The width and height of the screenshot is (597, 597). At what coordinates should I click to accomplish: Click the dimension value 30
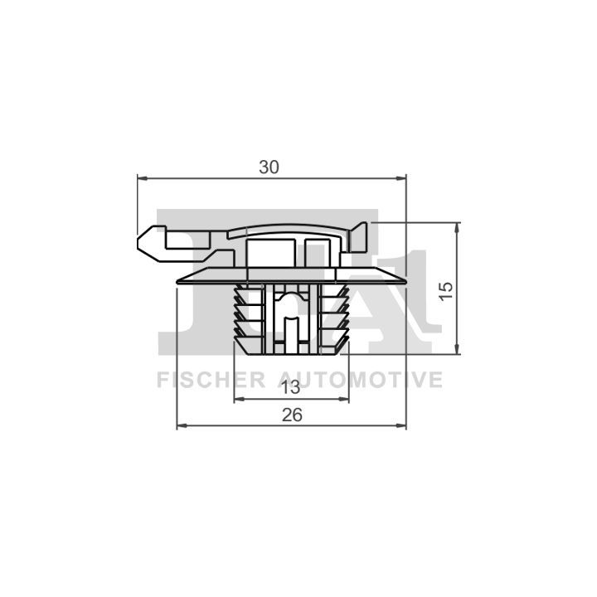point(269,167)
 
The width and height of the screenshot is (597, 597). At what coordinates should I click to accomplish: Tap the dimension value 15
point(446,291)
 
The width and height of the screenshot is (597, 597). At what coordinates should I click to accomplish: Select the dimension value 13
point(291,388)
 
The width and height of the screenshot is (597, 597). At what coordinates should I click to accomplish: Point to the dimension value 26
point(292,415)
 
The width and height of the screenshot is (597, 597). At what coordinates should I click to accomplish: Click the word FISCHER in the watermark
point(211,380)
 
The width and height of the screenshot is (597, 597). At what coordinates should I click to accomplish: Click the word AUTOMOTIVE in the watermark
point(361,380)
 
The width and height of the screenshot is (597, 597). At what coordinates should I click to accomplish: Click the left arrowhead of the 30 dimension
point(143,177)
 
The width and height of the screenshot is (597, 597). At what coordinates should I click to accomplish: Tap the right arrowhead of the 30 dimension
point(401,177)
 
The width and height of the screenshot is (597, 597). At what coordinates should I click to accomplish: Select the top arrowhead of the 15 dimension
point(458,227)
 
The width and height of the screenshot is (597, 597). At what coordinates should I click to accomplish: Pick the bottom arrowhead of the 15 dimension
point(458,349)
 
